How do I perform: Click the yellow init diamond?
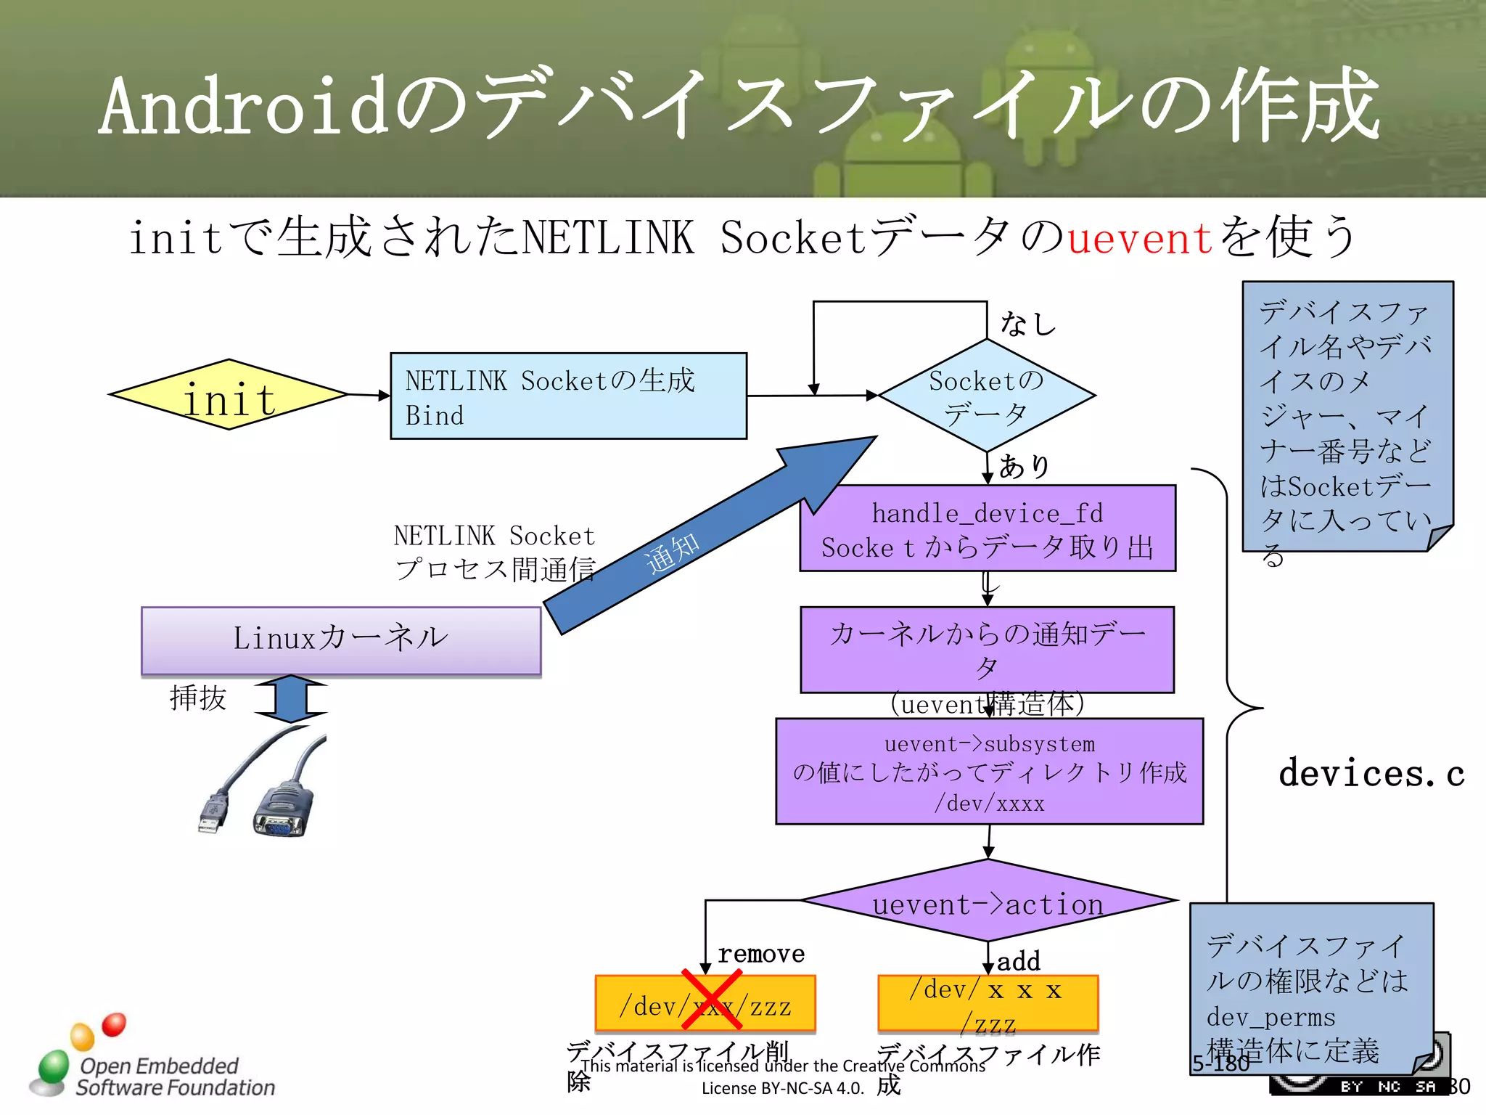229,396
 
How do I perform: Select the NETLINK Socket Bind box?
567,396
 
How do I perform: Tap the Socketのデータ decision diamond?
987,396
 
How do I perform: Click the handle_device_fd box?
987,528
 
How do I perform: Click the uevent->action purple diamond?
988,902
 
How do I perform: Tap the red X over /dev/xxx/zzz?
711,1000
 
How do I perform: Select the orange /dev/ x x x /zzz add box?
987,1004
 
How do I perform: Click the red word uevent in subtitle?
1139,238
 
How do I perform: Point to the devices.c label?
1371,773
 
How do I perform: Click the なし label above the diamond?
1027,324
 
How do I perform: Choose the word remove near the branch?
760,953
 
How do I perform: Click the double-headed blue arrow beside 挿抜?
290,698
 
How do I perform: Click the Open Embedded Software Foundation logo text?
174,1077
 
